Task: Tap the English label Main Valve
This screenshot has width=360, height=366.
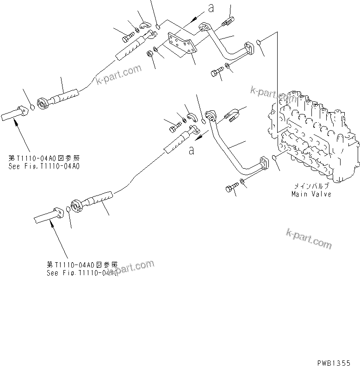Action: tap(311, 194)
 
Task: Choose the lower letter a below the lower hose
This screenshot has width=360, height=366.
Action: tap(191, 149)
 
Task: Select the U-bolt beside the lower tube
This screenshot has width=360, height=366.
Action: tap(233, 114)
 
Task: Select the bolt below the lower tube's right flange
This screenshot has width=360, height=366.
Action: tap(231, 188)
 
